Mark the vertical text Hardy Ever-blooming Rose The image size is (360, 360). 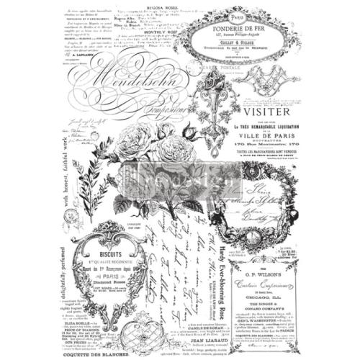click(220, 280)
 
